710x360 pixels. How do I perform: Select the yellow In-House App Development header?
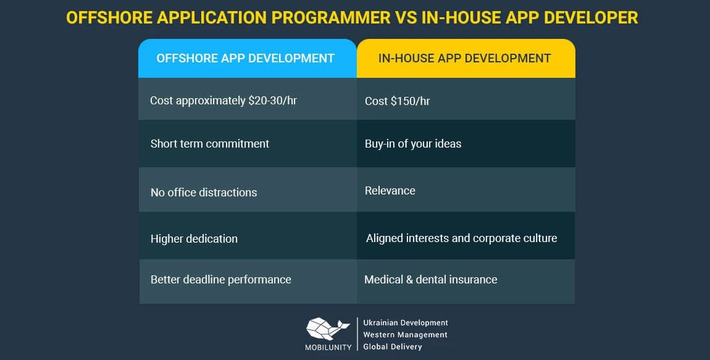tap(465, 59)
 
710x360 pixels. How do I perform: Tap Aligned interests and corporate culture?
tap(462, 238)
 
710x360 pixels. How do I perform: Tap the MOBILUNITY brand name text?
tap(328, 347)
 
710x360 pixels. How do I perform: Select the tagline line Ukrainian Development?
tap(406, 323)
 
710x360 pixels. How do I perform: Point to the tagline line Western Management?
tap(405, 335)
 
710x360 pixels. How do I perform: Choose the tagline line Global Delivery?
tap(393, 347)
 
